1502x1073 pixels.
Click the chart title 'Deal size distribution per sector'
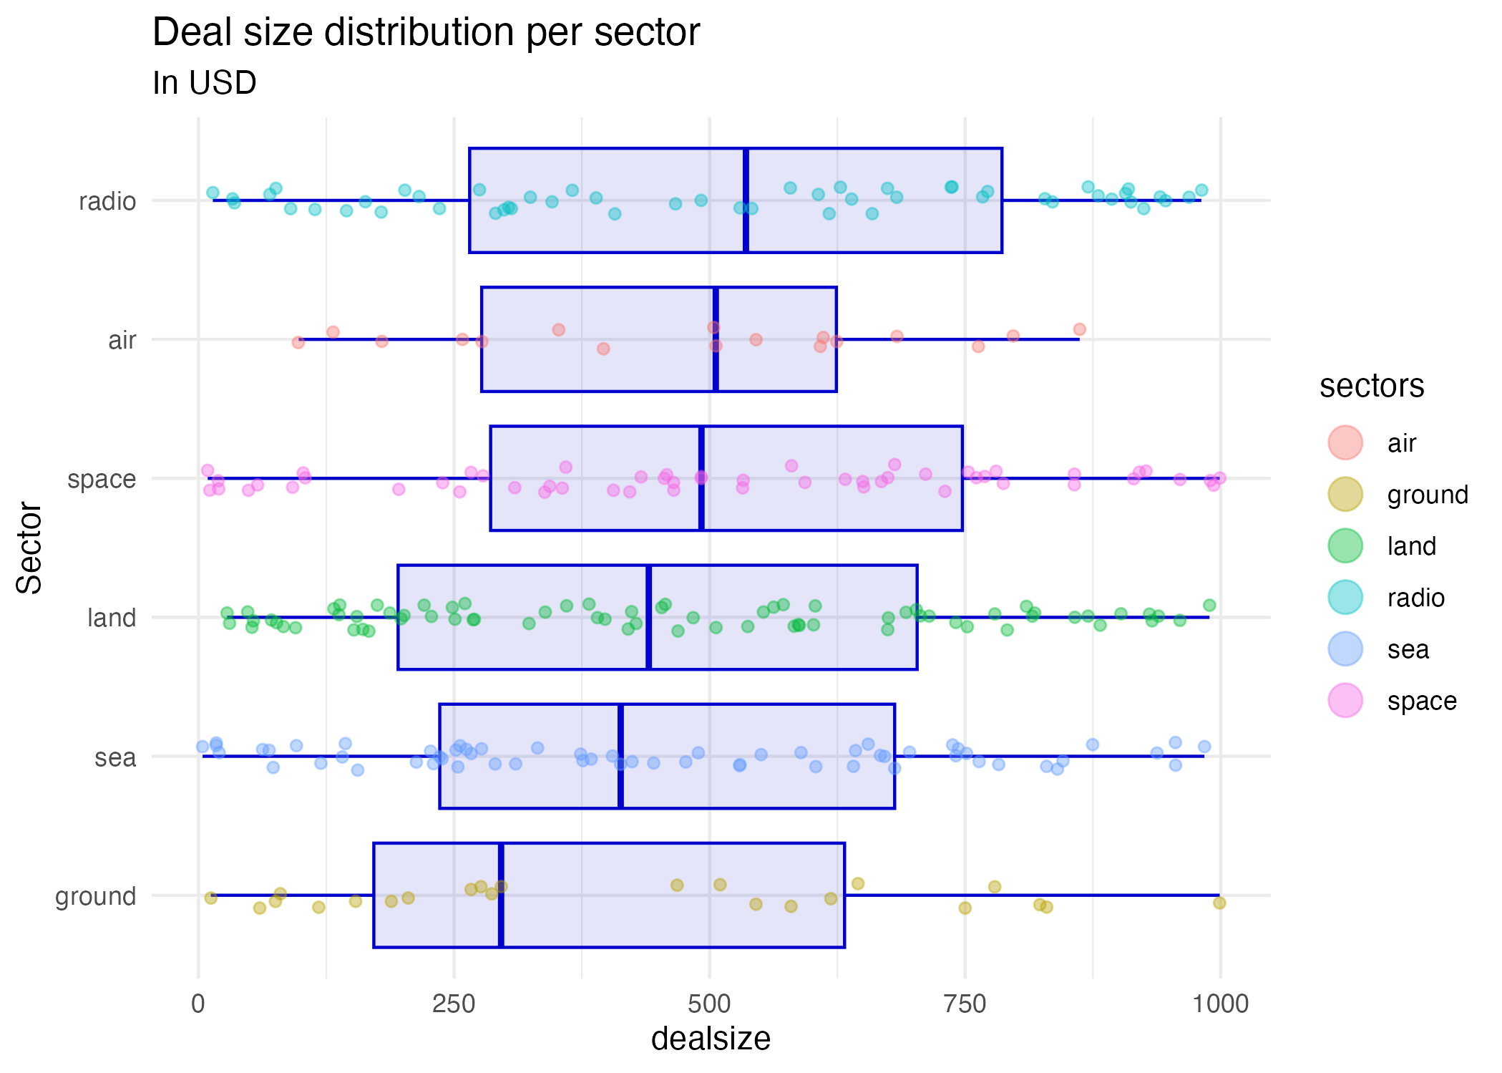click(x=426, y=33)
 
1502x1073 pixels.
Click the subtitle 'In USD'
click(x=205, y=83)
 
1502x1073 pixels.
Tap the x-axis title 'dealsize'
click(x=710, y=1039)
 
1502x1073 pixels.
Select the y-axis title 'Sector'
click(x=29, y=548)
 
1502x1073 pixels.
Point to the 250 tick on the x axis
click(x=454, y=1004)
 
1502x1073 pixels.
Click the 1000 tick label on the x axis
click(x=1220, y=1004)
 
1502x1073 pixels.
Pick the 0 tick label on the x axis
click(x=198, y=1004)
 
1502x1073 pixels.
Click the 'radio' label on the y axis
click(x=107, y=201)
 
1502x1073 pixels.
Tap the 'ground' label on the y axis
click(x=96, y=896)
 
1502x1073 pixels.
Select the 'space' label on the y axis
click(x=102, y=479)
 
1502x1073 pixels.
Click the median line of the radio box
click(x=746, y=200)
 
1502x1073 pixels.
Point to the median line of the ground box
click(x=501, y=895)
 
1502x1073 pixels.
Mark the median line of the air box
click(x=716, y=339)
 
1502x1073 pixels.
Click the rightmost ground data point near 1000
click(x=1219, y=903)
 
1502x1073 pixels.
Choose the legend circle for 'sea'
click(x=1345, y=649)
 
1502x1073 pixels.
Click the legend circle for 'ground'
click(x=1345, y=495)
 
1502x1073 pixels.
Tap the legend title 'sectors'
click(x=1372, y=386)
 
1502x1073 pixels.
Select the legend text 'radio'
click(x=1415, y=598)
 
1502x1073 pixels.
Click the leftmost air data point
click(x=298, y=343)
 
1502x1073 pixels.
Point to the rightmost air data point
click(x=1079, y=329)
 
